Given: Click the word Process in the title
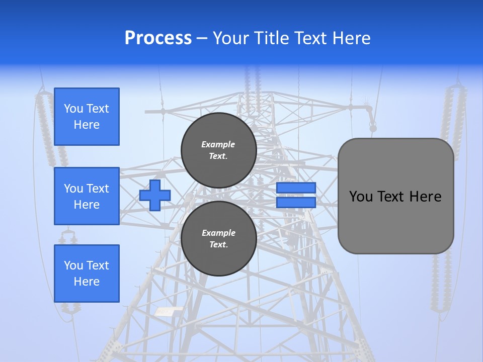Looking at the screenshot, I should click(158, 38).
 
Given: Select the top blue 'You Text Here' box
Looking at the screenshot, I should click(87, 117).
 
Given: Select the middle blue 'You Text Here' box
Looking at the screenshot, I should click(87, 196).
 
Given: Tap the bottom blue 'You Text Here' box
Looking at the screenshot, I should click(87, 274).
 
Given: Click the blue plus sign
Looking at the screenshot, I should click(155, 195).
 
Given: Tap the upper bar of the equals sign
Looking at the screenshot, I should click(296, 188).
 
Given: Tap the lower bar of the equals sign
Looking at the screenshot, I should click(296, 202).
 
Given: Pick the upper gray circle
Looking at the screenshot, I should click(218, 150).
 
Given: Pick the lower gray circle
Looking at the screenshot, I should click(218, 238).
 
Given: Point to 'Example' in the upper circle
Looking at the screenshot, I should click(218, 144).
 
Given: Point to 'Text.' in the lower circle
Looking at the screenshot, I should click(218, 245).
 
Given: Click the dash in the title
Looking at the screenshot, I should click(202, 38).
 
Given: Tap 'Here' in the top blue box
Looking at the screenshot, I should click(87, 125).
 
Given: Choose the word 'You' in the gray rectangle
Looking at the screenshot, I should click(361, 197).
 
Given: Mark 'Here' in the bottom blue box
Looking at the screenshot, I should click(87, 282).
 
